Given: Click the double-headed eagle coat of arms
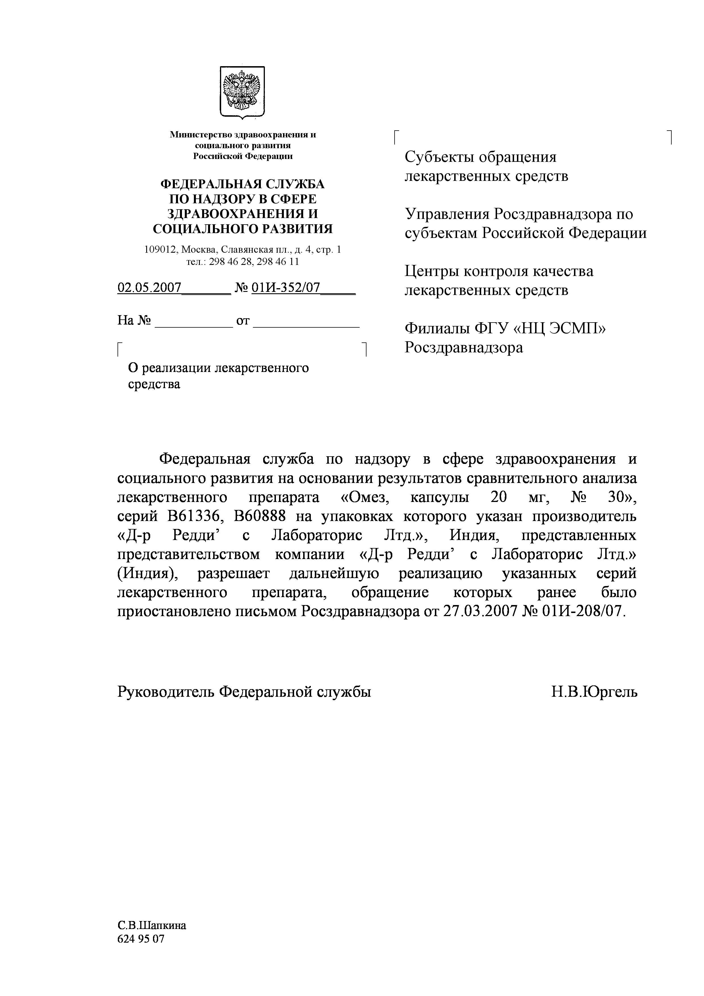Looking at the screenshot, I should click(x=242, y=91).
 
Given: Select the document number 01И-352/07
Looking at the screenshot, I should click(x=286, y=288).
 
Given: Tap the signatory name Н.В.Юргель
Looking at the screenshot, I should click(x=594, y=691).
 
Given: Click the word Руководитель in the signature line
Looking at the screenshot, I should click(x=165, y=691).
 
